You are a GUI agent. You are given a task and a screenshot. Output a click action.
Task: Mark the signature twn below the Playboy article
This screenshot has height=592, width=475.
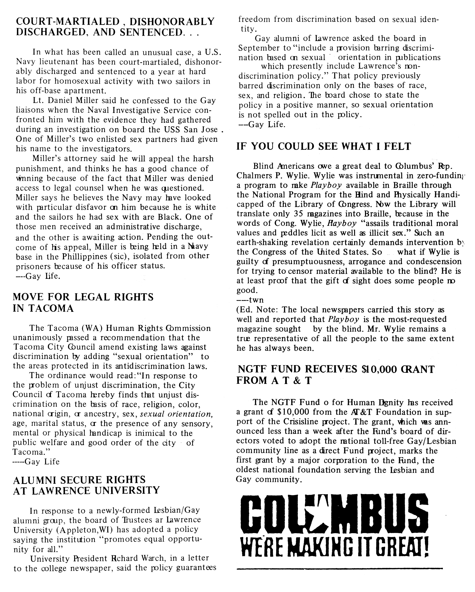[x=256, y=300]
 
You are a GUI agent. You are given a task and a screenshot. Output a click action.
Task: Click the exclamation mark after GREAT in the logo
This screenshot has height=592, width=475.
[x=425, y=546]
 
